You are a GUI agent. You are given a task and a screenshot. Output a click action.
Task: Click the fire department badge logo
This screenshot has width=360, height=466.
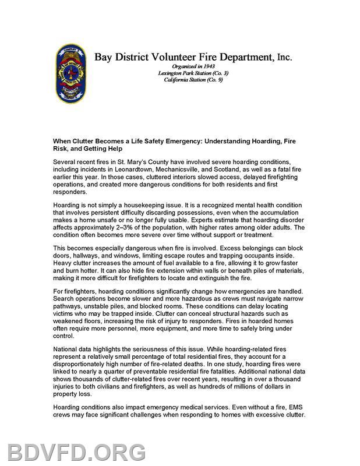coord(72,74)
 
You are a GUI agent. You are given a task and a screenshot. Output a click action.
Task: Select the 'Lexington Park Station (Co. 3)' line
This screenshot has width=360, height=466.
coord(193,73)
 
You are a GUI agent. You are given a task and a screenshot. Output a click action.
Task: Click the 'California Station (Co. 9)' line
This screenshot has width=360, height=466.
coord(193,79)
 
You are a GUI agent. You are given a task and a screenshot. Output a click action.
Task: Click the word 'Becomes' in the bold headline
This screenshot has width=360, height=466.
coord(114,140)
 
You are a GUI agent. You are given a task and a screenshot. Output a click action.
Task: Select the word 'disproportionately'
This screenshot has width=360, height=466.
coord(83,365)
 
